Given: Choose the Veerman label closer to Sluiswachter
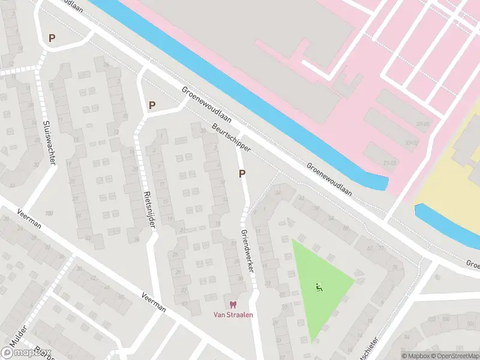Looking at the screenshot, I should coord(29,218).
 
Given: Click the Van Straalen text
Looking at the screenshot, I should coord(233,315).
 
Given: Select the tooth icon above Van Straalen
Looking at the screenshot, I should coord(233,305).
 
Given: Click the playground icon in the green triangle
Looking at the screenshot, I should coord(319,287).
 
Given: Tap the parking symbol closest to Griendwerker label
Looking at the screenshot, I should coord(242,174).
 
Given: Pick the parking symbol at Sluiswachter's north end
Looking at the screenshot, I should coord(52,38).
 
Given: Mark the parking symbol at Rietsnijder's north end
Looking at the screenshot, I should coord(152,105).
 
